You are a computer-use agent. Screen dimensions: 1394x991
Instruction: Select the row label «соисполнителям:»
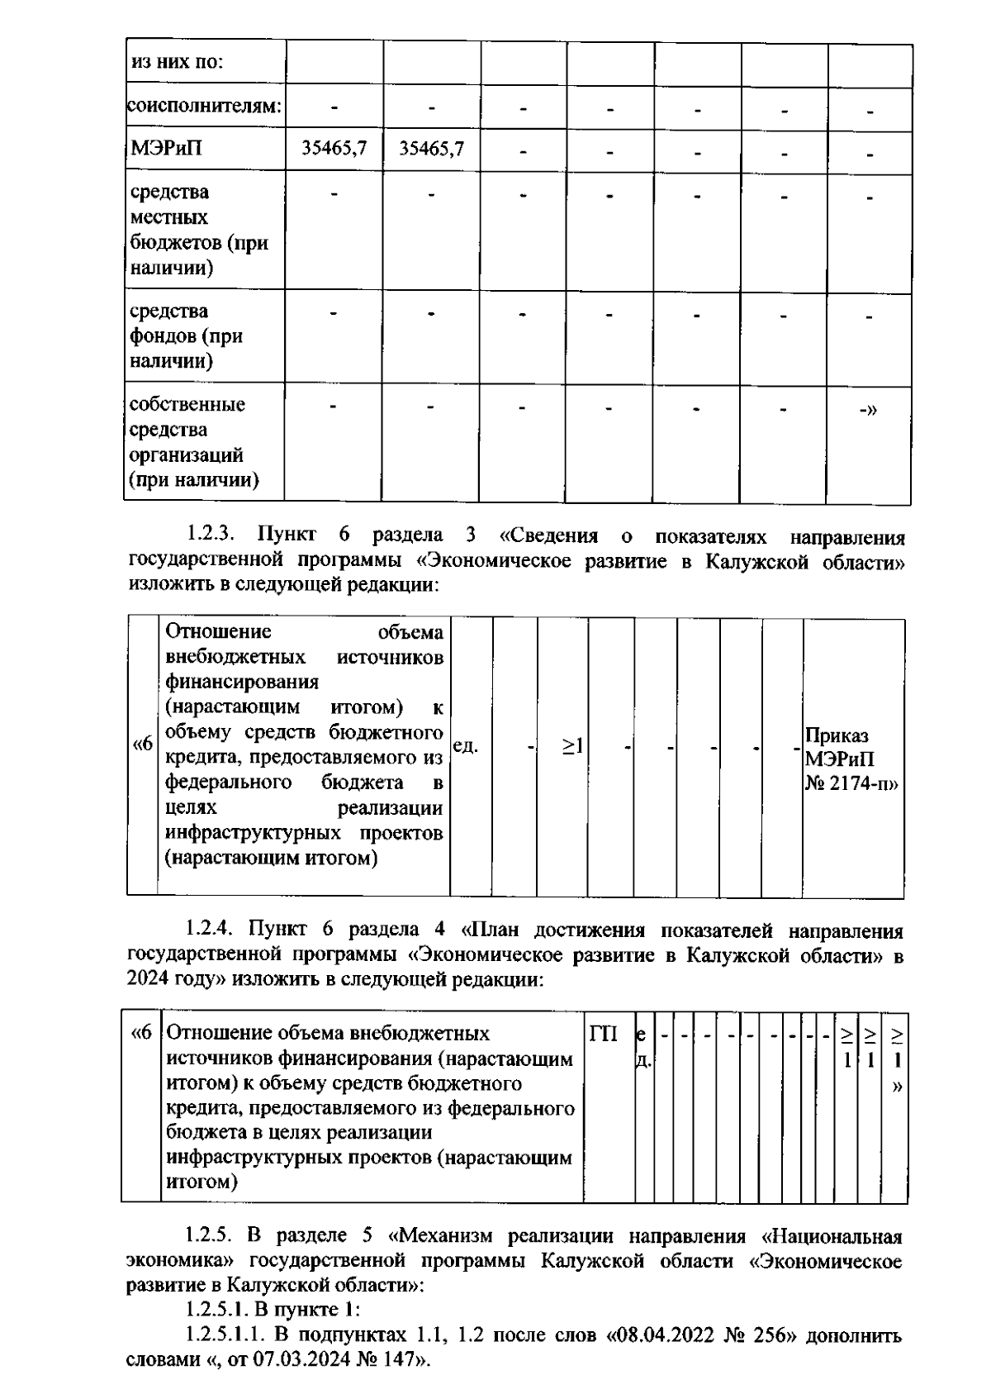(x=204, y=106)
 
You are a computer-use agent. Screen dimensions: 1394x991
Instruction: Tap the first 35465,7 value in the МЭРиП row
(x=334, y=149)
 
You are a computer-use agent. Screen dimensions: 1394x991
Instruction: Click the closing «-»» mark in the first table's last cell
(x=868, y=408)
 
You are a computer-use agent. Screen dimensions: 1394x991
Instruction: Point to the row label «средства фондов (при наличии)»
(x=187, y=335)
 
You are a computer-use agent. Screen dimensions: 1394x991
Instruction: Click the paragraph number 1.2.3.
(x=211, y=535)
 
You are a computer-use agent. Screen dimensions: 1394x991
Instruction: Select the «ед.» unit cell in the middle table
(x=466, y=746)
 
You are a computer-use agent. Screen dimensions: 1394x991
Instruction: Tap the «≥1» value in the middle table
(x=573, y=746)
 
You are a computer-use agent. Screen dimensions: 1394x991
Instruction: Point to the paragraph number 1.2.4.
(x=211, y=930)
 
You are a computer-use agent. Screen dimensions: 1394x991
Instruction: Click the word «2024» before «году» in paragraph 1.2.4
(x=149, y=980)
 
